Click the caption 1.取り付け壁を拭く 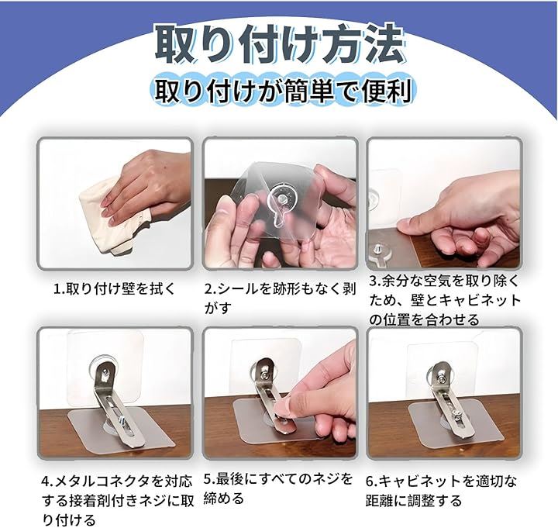point(114,288)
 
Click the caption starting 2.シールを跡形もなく point(280,299)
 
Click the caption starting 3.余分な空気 point(445,301)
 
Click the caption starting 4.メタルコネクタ point(118,500)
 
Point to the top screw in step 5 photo point(266,374)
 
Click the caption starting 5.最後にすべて point(278,488)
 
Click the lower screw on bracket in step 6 point(456,414)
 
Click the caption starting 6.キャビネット point(441,491)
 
